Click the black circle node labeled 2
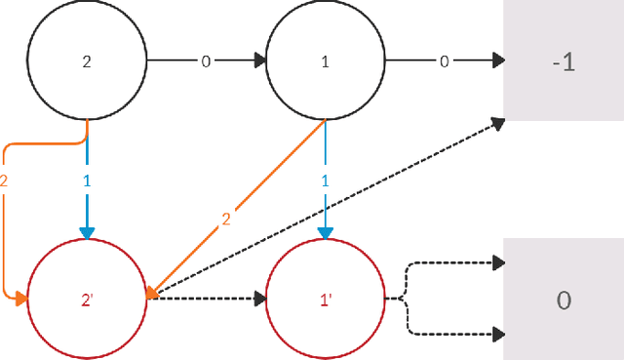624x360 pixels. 87,60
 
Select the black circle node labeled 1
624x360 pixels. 325,60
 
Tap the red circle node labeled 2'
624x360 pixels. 87,300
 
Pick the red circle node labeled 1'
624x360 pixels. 325,300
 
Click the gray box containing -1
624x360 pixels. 563,60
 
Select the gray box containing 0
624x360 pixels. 563,300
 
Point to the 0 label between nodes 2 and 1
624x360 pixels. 206,60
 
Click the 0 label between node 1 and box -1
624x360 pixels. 444,60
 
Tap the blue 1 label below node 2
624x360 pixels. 87,181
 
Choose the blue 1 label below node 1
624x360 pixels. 325,181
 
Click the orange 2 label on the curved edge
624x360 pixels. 5,181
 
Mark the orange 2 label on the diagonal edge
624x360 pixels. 226,220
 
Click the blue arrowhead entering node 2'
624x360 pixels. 87,232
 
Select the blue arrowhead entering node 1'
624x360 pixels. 325,232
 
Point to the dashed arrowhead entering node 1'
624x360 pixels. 258,300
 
